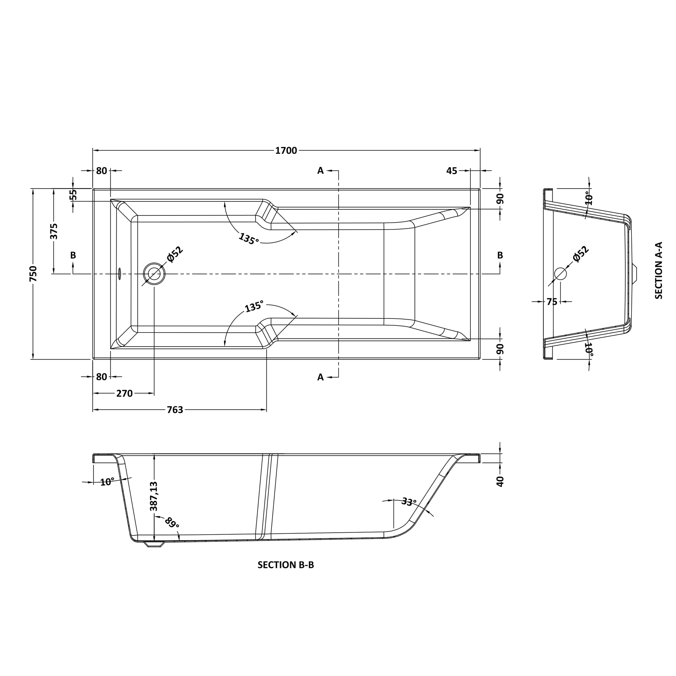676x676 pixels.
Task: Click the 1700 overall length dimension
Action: tap(286, 151)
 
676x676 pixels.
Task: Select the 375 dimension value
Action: tap(54, 231)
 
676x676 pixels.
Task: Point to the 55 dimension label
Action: tap(73, 195)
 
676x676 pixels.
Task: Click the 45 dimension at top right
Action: tap(452, 171)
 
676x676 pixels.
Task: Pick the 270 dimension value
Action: tap(125, 394)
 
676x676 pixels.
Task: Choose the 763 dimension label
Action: tap(175, 410)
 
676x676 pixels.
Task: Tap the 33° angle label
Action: tap(409, 502)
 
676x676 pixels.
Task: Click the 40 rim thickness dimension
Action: tap(500, 482)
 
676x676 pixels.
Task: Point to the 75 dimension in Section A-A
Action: tap(552, 302)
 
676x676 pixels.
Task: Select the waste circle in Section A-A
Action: tap(561, 274)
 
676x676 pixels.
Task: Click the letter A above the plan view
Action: tap(320, 171)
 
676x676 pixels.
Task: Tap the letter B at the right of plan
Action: tap(500, 256)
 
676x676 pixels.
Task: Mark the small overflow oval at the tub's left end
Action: tap(120, 274)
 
